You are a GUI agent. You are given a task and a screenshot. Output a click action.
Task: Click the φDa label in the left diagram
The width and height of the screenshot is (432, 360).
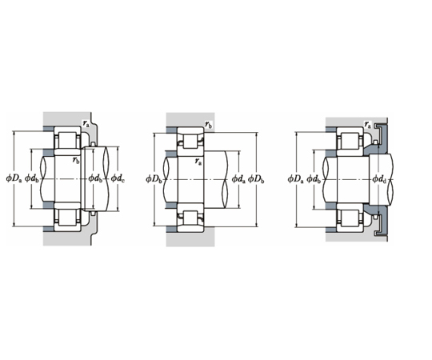(14, 179)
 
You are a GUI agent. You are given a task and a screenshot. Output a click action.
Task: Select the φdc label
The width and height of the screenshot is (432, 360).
(118, 179)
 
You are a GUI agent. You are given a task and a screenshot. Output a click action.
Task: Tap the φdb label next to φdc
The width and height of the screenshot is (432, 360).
(95, 179)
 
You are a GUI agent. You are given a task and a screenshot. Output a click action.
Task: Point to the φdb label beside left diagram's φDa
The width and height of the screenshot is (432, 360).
(32, 179)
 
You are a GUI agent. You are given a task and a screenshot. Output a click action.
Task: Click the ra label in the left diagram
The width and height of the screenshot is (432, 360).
(86, 123)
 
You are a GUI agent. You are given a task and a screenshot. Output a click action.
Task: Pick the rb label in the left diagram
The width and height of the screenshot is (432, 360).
(76, 160)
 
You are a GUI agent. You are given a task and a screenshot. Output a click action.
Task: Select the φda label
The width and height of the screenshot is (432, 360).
(238, 179)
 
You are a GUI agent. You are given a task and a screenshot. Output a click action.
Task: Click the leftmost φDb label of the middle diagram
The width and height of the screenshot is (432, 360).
(154, 179)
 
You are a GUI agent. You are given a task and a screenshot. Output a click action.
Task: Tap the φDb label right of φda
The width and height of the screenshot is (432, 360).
(256, 179)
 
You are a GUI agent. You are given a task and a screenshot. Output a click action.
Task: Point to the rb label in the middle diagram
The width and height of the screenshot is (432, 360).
(209, 125)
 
